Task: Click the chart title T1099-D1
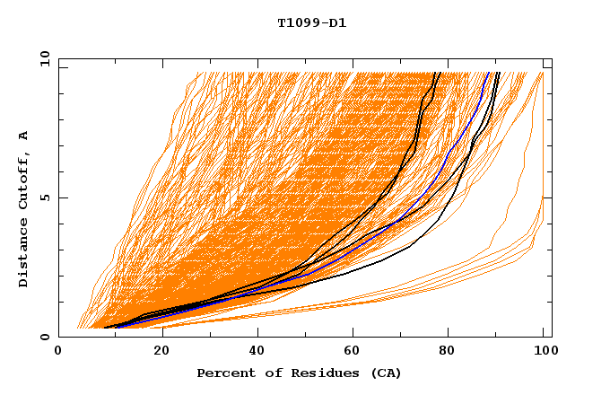coord(312,22)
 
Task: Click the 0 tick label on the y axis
coord(45,337)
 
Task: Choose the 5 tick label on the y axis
coord(45,197)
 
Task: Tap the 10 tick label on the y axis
coord(42,58)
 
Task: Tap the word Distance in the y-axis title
coord(24,252)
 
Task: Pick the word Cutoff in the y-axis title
coord(24,180)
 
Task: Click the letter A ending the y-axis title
coord(24,136)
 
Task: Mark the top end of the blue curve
coord(489,73)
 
